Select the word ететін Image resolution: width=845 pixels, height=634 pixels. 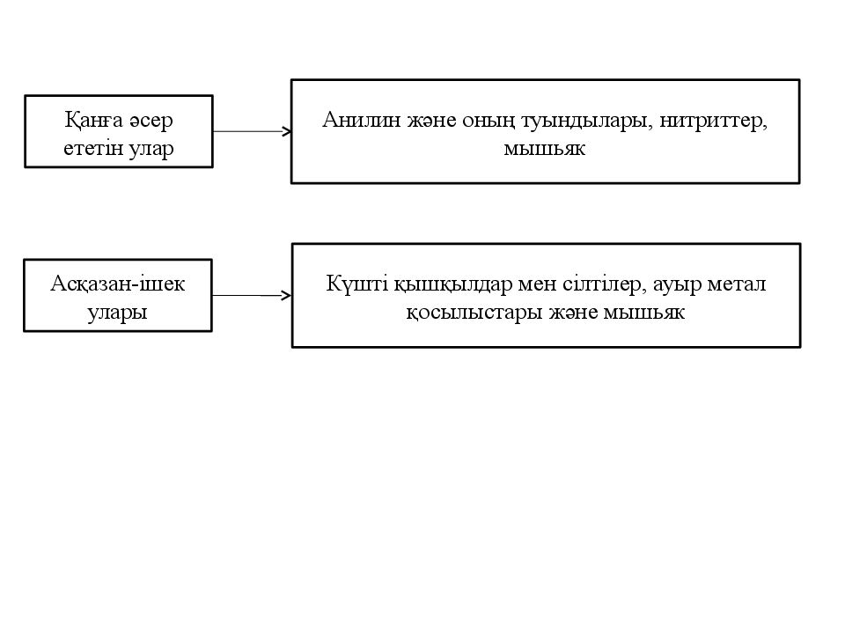[x=93, y=148]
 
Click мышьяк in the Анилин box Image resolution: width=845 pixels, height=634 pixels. [x=544, y=148]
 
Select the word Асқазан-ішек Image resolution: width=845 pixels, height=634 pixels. [x=117, y=284]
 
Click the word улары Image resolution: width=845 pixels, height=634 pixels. [x=117, y=313]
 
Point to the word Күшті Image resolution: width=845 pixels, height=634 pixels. [x=357, y=284]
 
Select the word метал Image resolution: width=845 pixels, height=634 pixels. [x=737, y=284]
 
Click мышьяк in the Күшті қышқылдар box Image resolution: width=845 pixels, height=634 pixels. [x=644, y=313]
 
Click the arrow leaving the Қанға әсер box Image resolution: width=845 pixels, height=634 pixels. [x=253, y=131]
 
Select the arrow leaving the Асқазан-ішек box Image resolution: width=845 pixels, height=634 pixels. [x=252, y=296]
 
